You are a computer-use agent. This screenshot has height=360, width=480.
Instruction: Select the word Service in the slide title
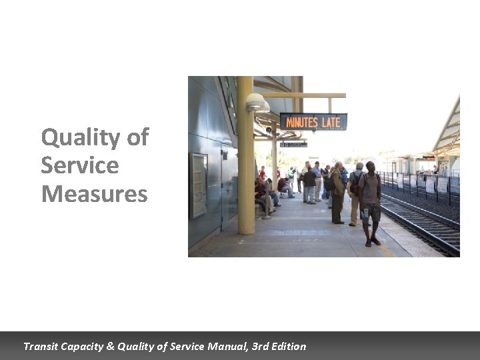79,165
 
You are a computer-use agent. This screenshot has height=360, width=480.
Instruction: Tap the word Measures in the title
94,194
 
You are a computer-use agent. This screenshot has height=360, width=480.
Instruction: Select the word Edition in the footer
287,346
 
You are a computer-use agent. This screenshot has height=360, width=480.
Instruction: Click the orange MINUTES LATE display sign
313,122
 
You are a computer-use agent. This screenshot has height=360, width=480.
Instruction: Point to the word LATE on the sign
331,122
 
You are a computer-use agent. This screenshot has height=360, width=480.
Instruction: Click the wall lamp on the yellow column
257,103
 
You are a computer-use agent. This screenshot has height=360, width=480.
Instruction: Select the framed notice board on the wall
199,185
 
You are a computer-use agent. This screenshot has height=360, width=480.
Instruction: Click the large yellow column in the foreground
245,160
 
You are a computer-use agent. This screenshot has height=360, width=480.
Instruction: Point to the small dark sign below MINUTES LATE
293,144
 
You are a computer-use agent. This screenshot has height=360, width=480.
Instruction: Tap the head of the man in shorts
370,167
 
